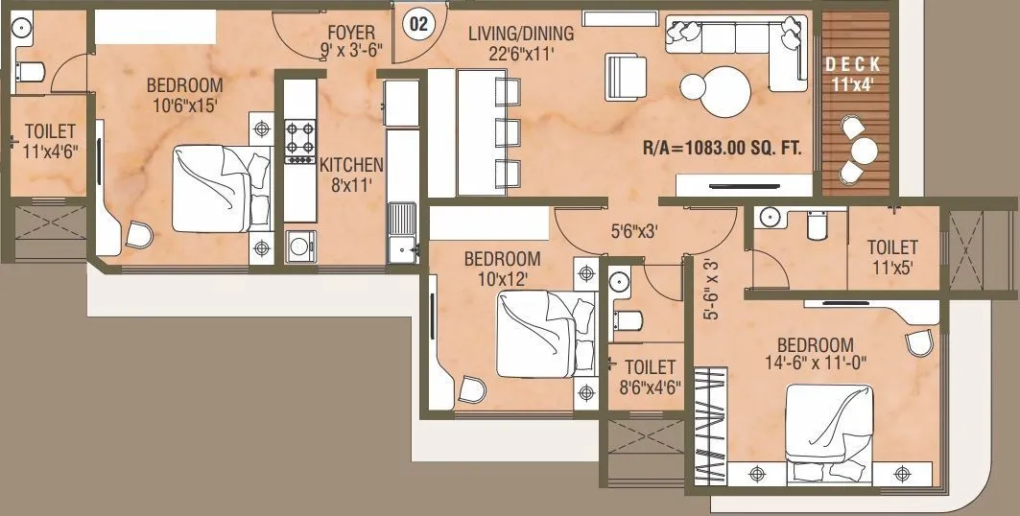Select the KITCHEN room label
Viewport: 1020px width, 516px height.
(x=351, y=164)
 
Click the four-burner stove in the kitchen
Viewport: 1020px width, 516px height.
(x=299, y=136)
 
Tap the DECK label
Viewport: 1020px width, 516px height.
(x=852, y=64)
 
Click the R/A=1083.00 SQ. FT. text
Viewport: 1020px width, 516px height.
(x=722, y=149)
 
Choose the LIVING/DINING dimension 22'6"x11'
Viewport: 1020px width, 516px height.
(x=521, y=56)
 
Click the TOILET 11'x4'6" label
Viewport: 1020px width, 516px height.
(x=50, y=139)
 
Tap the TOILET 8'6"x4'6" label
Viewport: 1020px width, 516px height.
(x=650, y=377)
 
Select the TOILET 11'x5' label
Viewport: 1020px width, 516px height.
(x=891, y=256)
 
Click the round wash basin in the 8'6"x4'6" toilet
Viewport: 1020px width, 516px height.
(x=619, y=283)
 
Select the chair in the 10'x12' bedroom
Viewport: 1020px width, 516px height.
(x=471, y=389)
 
